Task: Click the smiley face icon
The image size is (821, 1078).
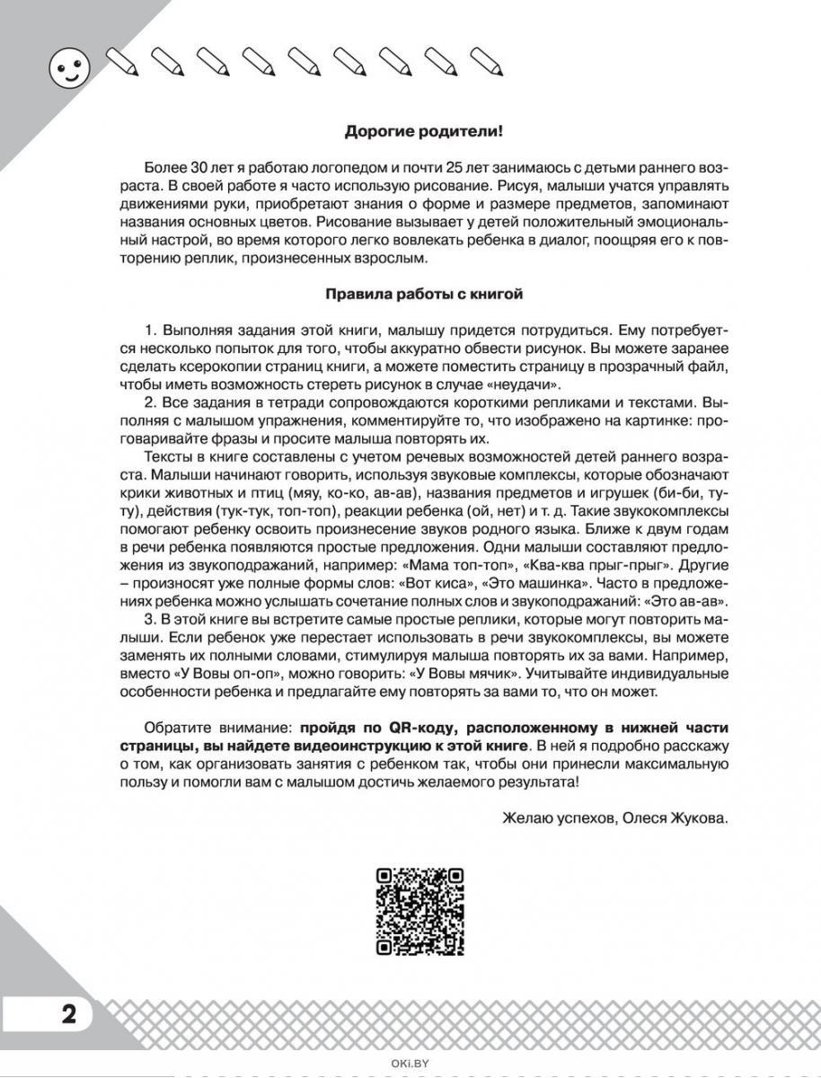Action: click(64, 69)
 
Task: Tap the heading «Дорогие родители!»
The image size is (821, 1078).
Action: click(424, 131)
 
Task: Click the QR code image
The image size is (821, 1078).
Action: click(419, 912)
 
